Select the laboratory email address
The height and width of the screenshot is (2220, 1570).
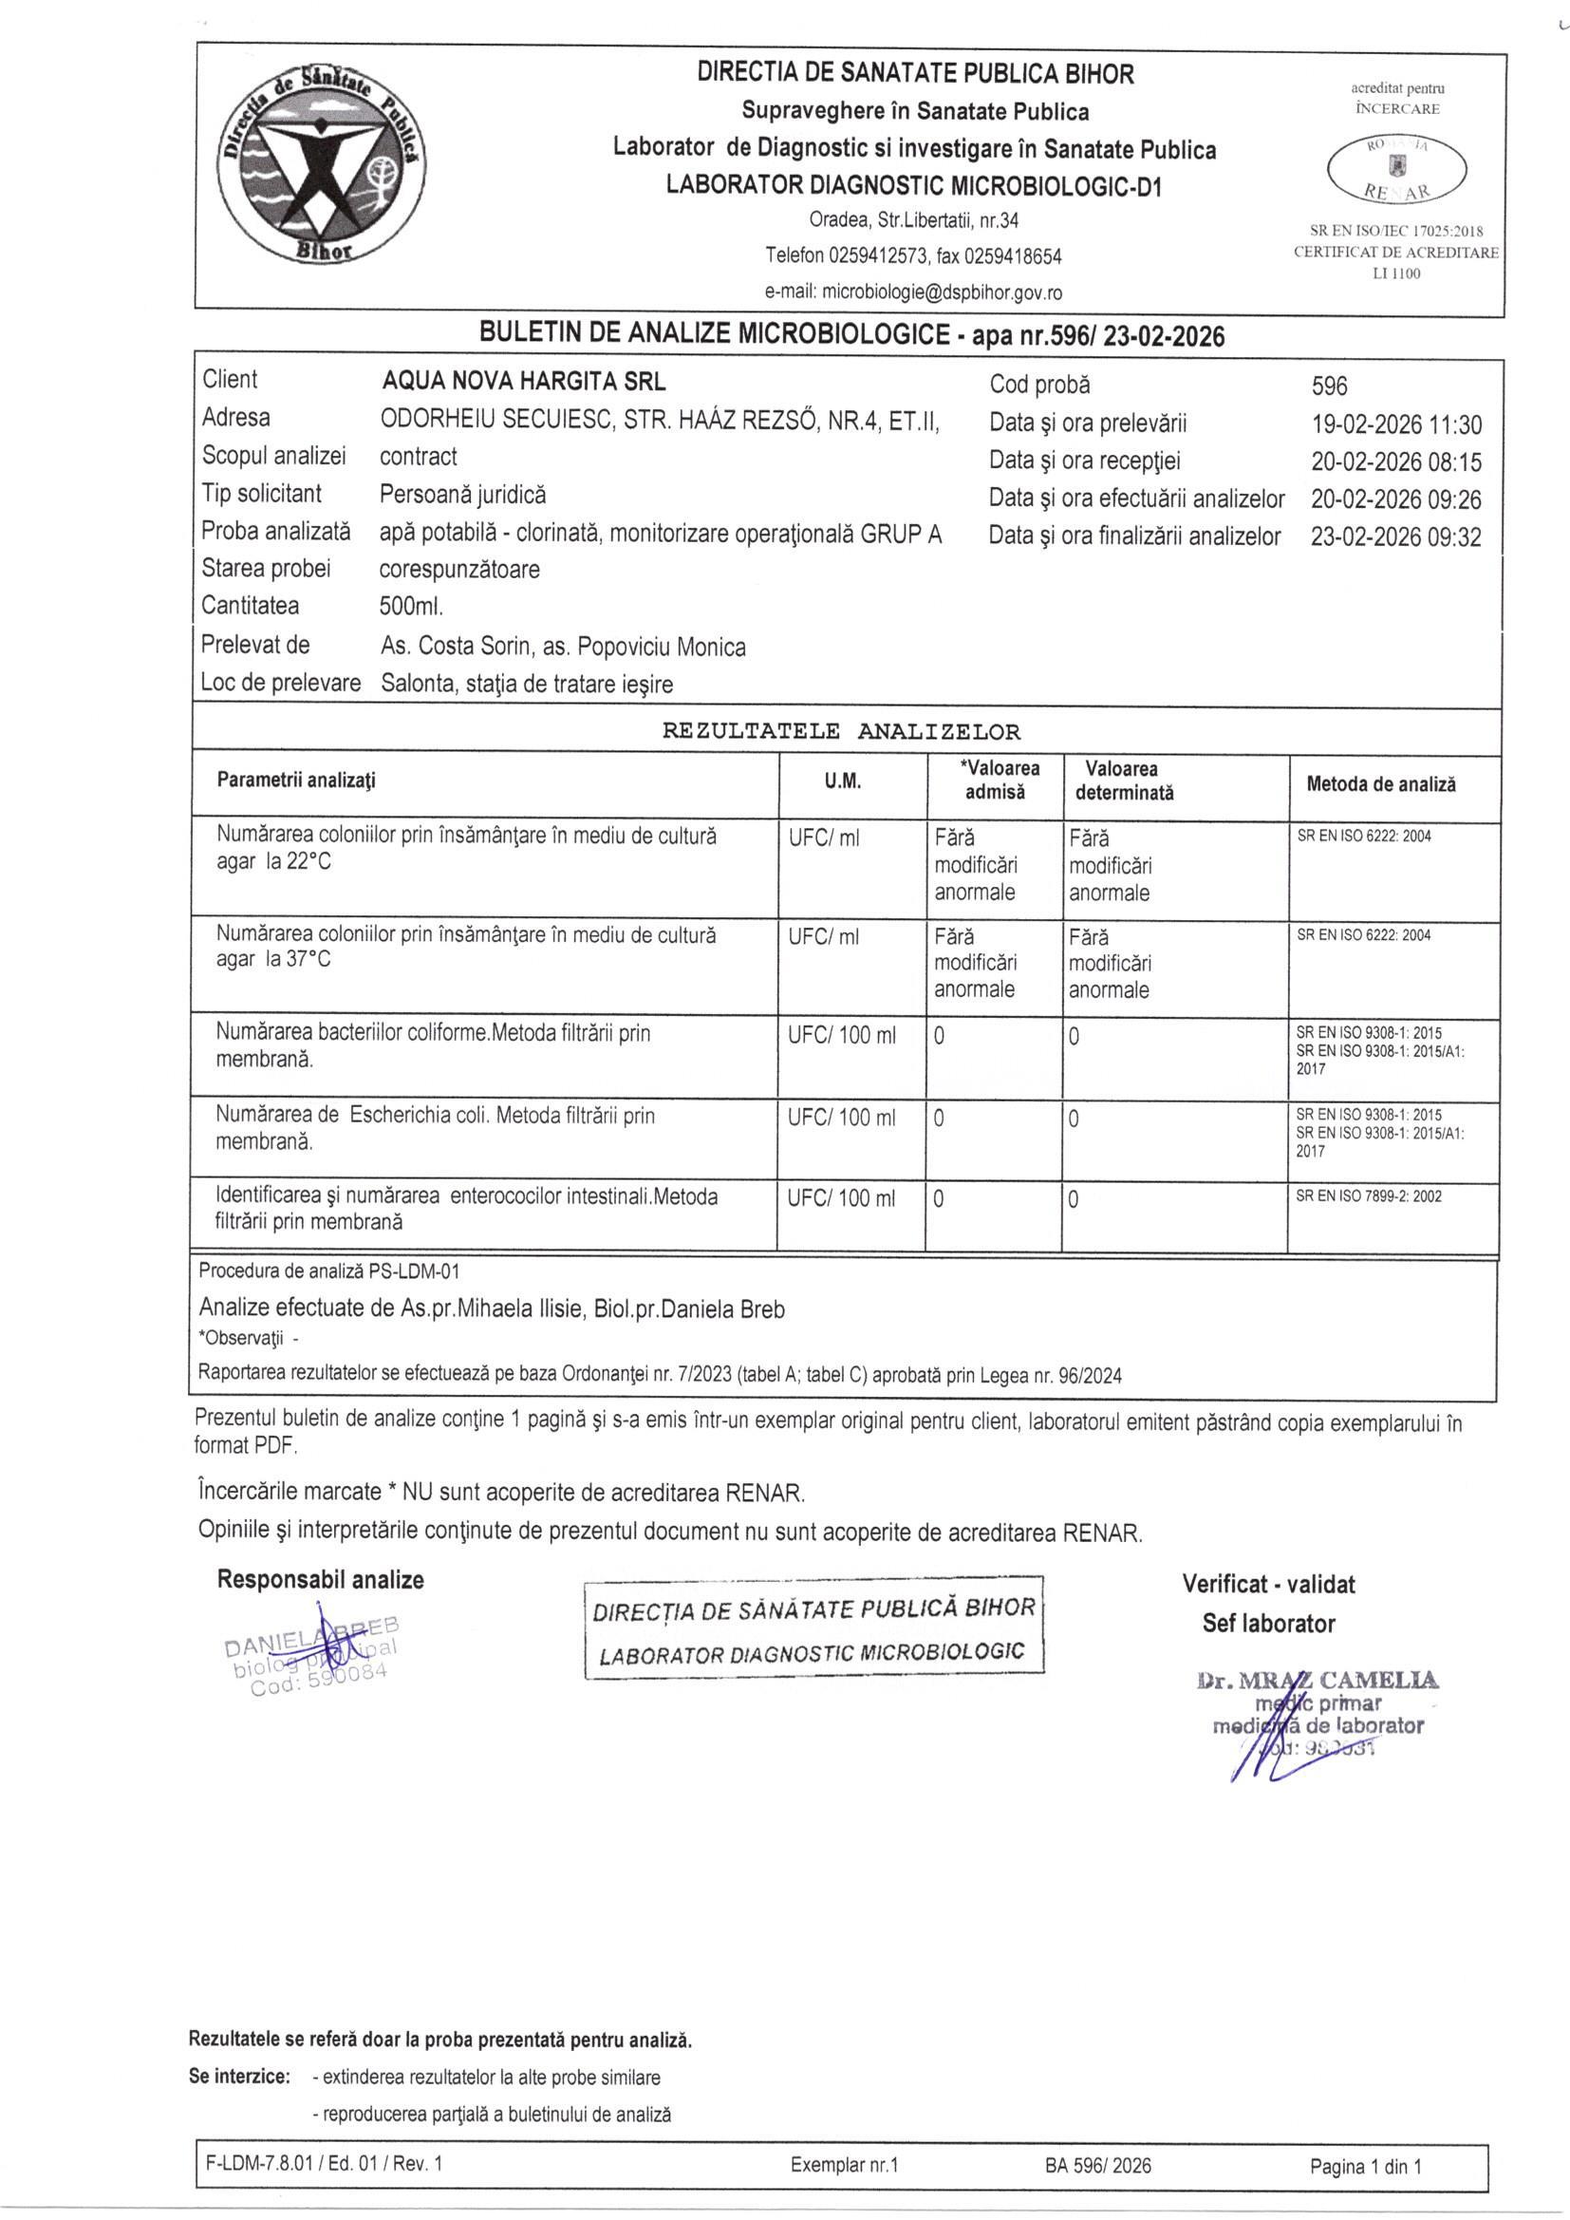click(x=913, y=292)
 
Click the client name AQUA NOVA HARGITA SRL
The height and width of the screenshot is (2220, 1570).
click(x=524, y=381)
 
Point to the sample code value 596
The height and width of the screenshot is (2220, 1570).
click(x=1328, y=386)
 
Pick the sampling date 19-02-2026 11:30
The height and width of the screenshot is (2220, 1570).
click(x=1395, y=424)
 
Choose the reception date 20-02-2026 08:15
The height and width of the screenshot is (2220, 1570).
click(x=1395, y=462)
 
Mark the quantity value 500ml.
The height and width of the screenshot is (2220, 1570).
click(x=412, y=607)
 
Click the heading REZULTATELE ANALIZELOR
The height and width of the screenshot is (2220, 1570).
click(x=840, y=731)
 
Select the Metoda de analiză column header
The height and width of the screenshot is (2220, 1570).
click(x=1380, y=785)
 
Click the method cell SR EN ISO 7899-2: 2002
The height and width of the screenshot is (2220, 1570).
click(x=1368, y=1196)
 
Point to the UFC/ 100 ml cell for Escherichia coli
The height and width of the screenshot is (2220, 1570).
click(x=841, y=1118)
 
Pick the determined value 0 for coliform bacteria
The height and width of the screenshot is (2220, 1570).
click(x=1075, y=1038)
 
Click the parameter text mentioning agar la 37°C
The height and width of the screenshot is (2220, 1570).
click(x=273, y=960)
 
